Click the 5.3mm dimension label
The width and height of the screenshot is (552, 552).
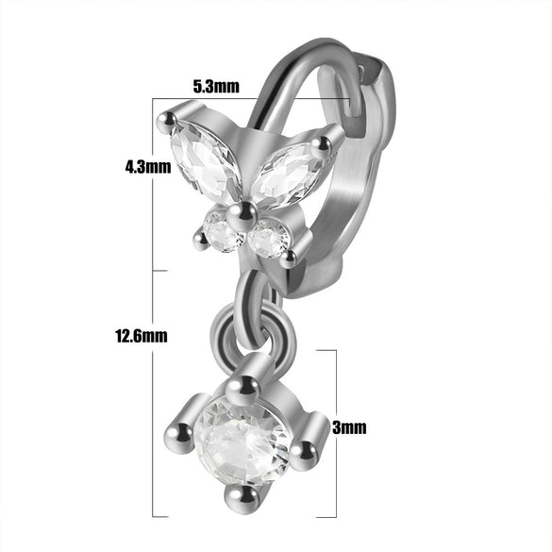coord(216,86)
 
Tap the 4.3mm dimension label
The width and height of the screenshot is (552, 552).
coord(148,166)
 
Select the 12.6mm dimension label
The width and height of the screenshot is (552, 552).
coord(142,336)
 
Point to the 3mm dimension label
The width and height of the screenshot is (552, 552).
coord(349,427)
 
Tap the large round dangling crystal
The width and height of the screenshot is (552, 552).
coord(243,440)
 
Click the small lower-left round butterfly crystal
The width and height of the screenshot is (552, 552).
coord(223,233)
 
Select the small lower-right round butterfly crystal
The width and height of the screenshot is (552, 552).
coord(269,238)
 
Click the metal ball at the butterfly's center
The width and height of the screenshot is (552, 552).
coord(242,216)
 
